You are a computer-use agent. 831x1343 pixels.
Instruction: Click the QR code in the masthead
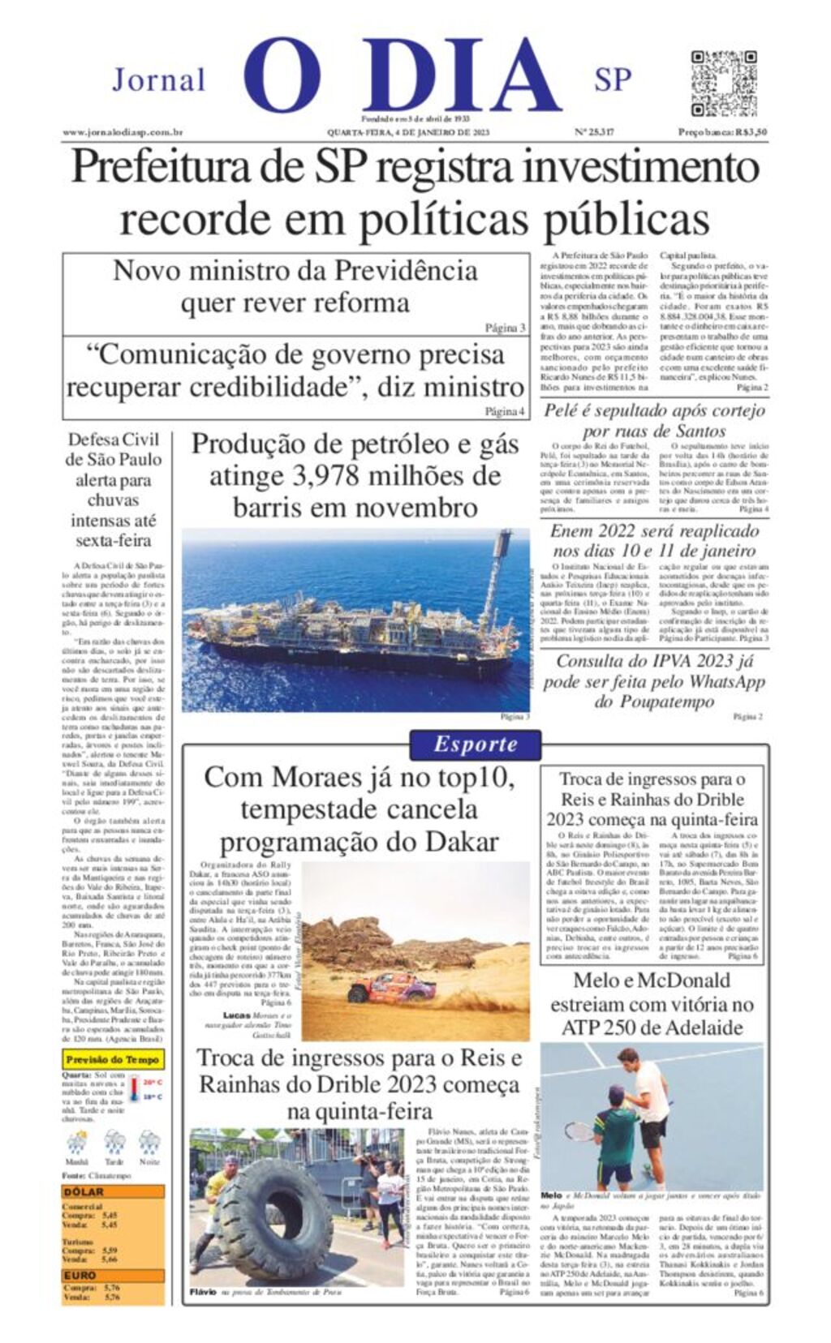[724, 83]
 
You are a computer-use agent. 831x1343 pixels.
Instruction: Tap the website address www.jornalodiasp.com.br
[123, 132]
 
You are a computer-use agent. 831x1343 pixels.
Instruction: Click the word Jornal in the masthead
[159, 80]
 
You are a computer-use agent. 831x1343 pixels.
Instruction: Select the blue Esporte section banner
[475, 744]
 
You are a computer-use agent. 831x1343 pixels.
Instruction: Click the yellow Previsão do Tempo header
[113, 1059]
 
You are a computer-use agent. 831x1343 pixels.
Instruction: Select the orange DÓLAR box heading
[84, 1192]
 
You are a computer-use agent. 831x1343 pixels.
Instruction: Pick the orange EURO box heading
[80, 1276]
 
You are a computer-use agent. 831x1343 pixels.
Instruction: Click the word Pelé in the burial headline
[562, 410]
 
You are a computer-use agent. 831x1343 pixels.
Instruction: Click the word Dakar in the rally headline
[459, 841]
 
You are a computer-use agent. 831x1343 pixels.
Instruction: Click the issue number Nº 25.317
[594, 132]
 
